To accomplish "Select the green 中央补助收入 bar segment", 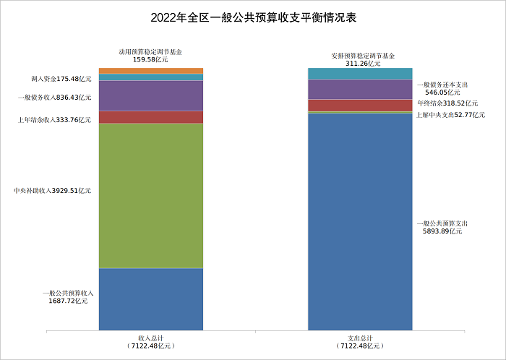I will click(151, 195).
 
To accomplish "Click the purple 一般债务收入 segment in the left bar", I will click(151, 95).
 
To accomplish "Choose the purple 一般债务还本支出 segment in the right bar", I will click(360, 89).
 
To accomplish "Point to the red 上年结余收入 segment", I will click(151, 117).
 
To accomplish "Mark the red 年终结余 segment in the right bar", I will click(360, 105).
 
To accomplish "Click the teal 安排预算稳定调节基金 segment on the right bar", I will click(360, 73).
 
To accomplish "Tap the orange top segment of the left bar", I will click(151, 70).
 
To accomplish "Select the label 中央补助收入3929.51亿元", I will click(53, 191).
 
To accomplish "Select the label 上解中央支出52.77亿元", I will click(450, 116).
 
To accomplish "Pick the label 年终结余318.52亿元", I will click(450, 105).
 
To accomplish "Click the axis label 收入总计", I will click(150, 338).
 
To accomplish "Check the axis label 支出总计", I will click(360, 338).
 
